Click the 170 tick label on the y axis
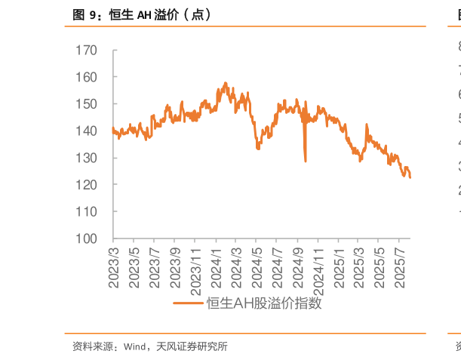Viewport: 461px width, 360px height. coord(88,51)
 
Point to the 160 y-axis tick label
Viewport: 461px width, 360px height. coord(88,77)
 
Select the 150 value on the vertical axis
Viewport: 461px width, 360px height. coord(88,104)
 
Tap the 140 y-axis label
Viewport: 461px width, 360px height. coord(88,131)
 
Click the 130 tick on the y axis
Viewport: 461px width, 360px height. coord(88,158)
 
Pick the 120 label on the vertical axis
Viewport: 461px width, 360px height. coord(88,185)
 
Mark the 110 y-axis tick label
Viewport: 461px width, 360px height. coord(88,212)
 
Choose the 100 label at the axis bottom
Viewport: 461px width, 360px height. coord(88,238)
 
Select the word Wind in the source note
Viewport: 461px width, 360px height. coord(134,347)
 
